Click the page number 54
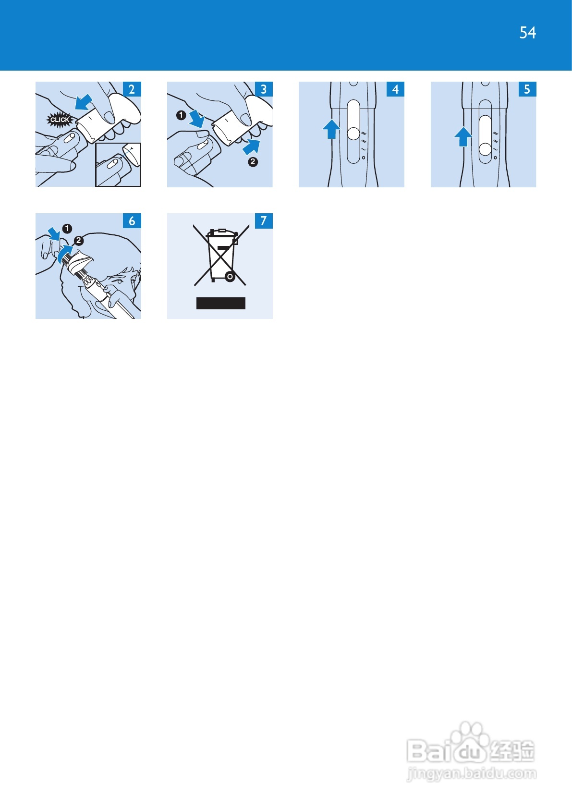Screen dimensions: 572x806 [527, 33]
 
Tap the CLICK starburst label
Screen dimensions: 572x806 [60, 120]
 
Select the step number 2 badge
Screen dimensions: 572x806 [132, 89]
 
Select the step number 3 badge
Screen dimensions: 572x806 [264, 89]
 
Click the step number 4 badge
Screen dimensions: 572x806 [395, 89]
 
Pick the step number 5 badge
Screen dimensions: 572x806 [527, 89]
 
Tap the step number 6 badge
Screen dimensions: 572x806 [132, 221]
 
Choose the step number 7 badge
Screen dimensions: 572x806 [264, 221]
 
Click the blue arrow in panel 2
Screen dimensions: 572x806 [84, 102]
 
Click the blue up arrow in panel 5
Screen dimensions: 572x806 [463, 137]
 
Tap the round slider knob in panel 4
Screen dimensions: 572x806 [353, 134]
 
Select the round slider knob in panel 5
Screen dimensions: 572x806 [485, 149]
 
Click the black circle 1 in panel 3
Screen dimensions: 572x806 [181, 115]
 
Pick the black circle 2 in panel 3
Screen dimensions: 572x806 [253, 162]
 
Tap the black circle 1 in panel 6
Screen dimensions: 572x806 [67, 229]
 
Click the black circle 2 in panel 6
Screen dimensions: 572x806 [78, 241]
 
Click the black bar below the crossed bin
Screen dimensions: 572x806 [221, 303]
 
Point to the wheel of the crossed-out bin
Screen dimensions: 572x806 [230, 277]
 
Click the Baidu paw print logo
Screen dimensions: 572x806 [470, 741]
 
